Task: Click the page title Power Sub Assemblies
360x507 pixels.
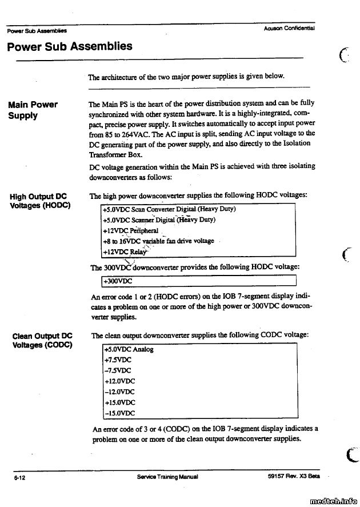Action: click(x=70, y=46)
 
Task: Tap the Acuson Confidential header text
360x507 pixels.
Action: click(x=290, y=27)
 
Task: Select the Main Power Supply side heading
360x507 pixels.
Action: click(x=33, y=110)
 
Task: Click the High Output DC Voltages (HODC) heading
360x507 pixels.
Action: click(x=40, y=201)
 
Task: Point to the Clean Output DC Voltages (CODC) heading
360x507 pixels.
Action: click(x=42, y=341)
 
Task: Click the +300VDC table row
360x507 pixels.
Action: click(x=118, y=281)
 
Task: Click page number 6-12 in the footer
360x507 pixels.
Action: click(x=22, y=477)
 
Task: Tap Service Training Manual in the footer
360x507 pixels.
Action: click(x=167, y=477)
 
